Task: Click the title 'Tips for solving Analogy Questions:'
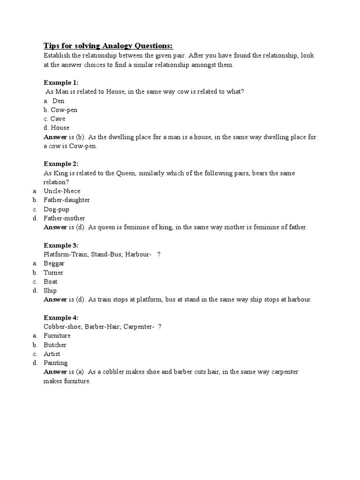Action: coord(108,45)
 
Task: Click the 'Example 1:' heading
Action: coord(61,82)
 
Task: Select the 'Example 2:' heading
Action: coord(61,164)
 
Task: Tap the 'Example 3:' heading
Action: coord(61,246)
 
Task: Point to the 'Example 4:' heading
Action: coord(61,318)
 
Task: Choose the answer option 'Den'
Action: coord(58,101)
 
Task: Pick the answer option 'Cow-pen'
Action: coord(64,110)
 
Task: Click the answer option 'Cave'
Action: coord(58,119)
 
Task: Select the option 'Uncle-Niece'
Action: coord(62,191)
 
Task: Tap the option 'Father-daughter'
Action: coord(67,200)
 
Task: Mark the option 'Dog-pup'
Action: coord(57,210)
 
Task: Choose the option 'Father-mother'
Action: coord(64,218)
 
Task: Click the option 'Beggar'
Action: coord(54,263)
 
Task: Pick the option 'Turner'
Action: coord(53,273)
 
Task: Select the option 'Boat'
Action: coord(51,282)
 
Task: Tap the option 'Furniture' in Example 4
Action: coord(57,336)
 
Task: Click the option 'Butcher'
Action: coord(55,345)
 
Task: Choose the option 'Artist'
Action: coord(52,354)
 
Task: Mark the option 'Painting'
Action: coord(55,363)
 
